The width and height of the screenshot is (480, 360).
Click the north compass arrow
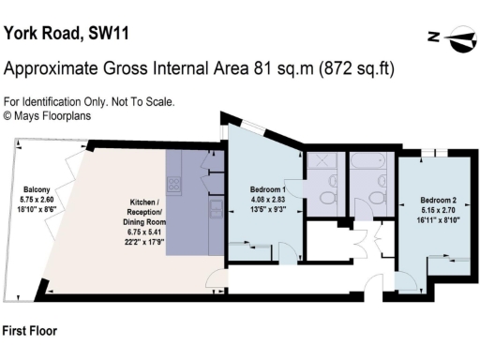(454, 38)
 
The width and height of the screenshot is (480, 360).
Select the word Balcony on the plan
(37, 189)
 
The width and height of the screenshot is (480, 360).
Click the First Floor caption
(32, 331)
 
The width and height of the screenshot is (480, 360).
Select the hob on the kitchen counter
(215, 205)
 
